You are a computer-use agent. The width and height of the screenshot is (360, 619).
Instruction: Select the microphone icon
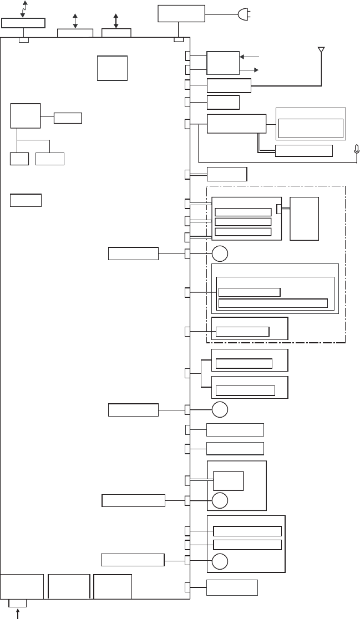[x=357, y=149]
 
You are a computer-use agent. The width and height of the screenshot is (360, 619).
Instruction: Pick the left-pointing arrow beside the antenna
[x=250, y=56]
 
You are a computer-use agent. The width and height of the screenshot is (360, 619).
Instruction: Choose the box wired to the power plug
[x=181, y=13]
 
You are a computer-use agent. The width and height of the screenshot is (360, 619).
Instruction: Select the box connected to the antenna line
[x=229, y=85]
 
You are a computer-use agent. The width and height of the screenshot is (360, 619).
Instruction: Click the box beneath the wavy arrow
[x=23, y=22]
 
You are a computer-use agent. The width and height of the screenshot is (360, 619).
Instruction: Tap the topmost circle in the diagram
[x=220, y=254]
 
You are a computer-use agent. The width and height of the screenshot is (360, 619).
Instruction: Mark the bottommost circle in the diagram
[x=220, y=561]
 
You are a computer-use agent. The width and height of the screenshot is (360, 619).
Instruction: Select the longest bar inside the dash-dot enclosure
[x=273, y=303]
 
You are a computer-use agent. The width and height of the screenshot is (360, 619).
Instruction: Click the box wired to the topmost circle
[x=133, y=254]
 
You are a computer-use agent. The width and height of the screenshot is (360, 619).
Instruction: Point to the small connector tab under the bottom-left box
[x=18, y=603]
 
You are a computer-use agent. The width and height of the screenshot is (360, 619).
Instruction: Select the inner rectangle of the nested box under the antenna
[x=311, y=128]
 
